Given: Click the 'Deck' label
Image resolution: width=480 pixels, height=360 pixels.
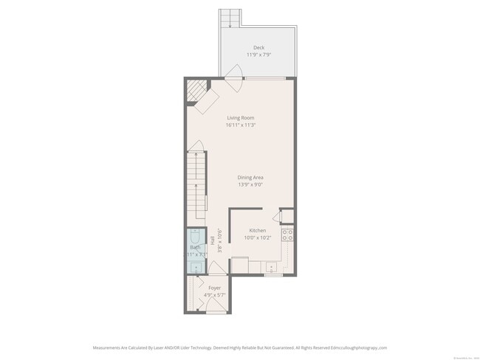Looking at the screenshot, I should tap(258, 47).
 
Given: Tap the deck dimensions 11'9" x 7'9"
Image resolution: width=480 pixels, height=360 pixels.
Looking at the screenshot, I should tap(258, 55).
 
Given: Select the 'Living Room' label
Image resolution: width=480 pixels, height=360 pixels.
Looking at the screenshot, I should tap(241, 117).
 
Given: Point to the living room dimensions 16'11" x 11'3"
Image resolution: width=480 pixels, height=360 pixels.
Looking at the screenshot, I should tap(241, 125).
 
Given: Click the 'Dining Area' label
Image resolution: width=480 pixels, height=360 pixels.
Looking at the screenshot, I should tap(251, 177).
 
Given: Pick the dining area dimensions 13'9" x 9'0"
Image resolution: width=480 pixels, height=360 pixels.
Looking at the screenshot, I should tap(251, 184).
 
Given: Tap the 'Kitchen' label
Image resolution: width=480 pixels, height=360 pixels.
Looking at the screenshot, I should tap(257, 230).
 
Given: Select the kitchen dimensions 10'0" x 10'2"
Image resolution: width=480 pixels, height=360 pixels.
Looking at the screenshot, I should tap(257, 238).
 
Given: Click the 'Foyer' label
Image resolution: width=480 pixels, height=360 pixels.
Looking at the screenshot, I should tap(215, 287).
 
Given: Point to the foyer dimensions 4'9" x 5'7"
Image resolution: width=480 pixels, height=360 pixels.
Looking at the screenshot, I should tap(215, 294).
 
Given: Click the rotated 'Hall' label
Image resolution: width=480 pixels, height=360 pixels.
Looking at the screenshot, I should tap(212, 240).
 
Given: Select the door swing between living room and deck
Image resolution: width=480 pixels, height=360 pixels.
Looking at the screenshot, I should tap(234, 75).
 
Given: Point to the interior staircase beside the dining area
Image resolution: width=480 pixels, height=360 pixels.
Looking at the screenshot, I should tap(196, 184).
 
